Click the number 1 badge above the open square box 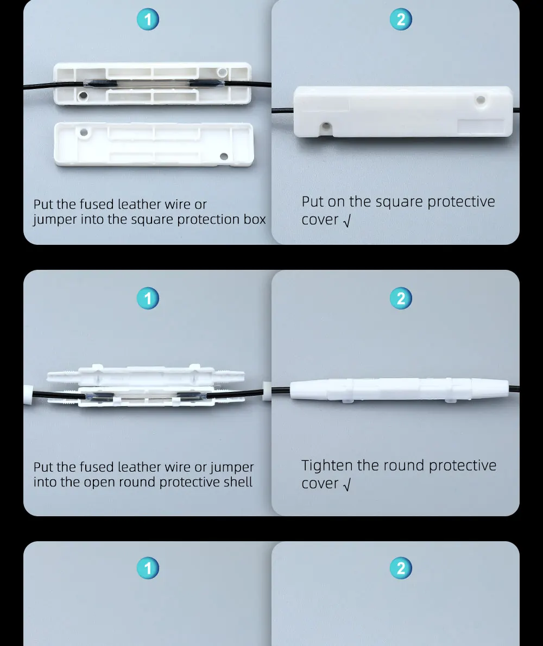coord(148,20)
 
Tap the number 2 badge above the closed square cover coord(401,20)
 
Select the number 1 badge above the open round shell coord(148,298)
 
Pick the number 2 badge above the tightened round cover coord(401,298)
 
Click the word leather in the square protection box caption coord(139,204)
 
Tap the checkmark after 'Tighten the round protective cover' coord(347,485)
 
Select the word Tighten coord(327,466)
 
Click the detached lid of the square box coord(154,144)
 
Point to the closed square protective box coord(403,112)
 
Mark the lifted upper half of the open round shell coord(146,375)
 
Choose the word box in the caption coord(255,219)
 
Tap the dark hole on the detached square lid coord(224,156)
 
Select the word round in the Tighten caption coord(404,466)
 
